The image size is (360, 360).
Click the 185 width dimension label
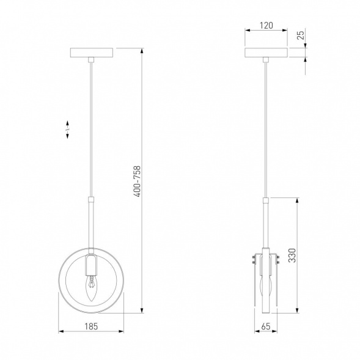(x=91, y=326)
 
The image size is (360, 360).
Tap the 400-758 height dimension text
(x=138, y=181)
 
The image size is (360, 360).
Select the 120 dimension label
(x=266, y=26)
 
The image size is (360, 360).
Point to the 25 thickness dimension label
(x=301, y=35)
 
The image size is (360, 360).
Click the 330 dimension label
(x=292, y=255)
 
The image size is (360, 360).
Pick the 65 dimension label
(x=266, y=326)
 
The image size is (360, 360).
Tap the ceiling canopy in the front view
(x=92, y=53)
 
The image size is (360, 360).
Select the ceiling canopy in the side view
(x=266, y=53)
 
